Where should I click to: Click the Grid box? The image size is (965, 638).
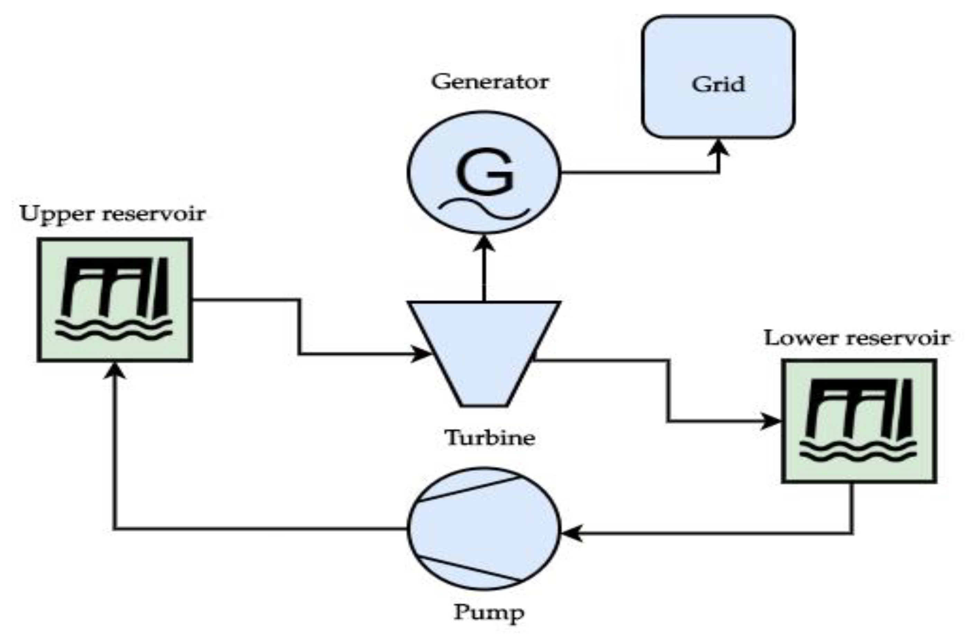tap(718, 77)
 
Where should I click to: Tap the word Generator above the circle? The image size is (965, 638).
tap(490, 82)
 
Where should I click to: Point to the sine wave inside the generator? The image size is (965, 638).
tap(484, 208)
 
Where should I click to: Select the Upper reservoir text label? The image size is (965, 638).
tap(113, 213)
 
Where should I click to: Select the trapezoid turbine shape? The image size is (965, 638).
tap(484, 350)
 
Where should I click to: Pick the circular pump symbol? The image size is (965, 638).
tap(484, 529)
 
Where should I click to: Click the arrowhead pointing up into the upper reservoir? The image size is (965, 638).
tap(115, 370)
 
